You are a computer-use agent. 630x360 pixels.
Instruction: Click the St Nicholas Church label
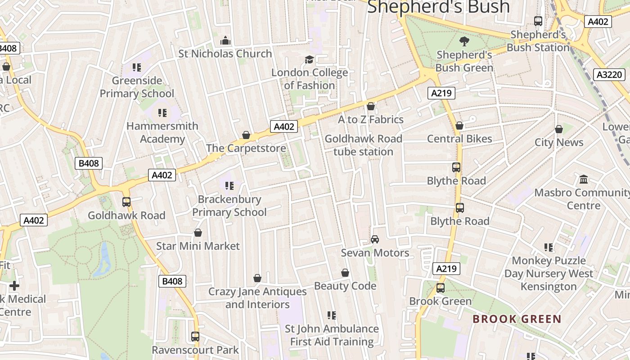pyautogui.click(x=225, y=54)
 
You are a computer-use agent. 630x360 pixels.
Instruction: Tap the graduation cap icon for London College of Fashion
pyautogui.click(x=309, y=59)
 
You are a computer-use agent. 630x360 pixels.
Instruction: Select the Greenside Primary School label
pyautogui.click(x=137, y=87)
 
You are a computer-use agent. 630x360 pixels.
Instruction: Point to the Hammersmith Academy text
pyautogui.click(x=162, y=132)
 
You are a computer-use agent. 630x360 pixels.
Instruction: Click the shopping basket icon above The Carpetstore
pyautogui.click(x=246, y=135)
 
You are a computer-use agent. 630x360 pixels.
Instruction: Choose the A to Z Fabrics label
pyautogui.click(x=371, y=120)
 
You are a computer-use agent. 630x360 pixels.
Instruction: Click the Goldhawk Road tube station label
pyautogui.click(x=364, y=145)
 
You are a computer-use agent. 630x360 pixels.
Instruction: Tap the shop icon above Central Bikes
pyautogui.click(x=459, y=126)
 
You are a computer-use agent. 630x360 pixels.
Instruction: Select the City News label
pyautogui.click(x=559, y=143)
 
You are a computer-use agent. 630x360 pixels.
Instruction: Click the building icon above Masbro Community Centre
pyautogui.click(x=584, y=180)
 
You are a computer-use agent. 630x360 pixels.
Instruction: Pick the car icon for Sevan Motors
pyautogui.click(x=375, y=239)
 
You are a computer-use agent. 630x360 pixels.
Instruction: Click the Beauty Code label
pyautogui.click(x=345, y=286)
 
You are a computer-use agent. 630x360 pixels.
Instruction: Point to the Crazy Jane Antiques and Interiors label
pyautogui.click(x=257, y=298)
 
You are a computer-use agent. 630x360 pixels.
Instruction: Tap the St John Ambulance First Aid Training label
pyautogui.click(x=332, y=335)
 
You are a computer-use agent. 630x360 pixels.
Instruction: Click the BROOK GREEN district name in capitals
pyautogui.click(x=517, y=319)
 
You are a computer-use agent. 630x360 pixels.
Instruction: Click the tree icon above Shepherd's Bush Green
pyautogui.click(x=464, y=41)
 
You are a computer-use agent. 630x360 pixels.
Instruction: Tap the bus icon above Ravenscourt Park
pyautogui.click(x=195, y=337)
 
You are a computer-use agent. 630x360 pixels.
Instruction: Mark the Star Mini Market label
pyautogui.click(x=198, y=246)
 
